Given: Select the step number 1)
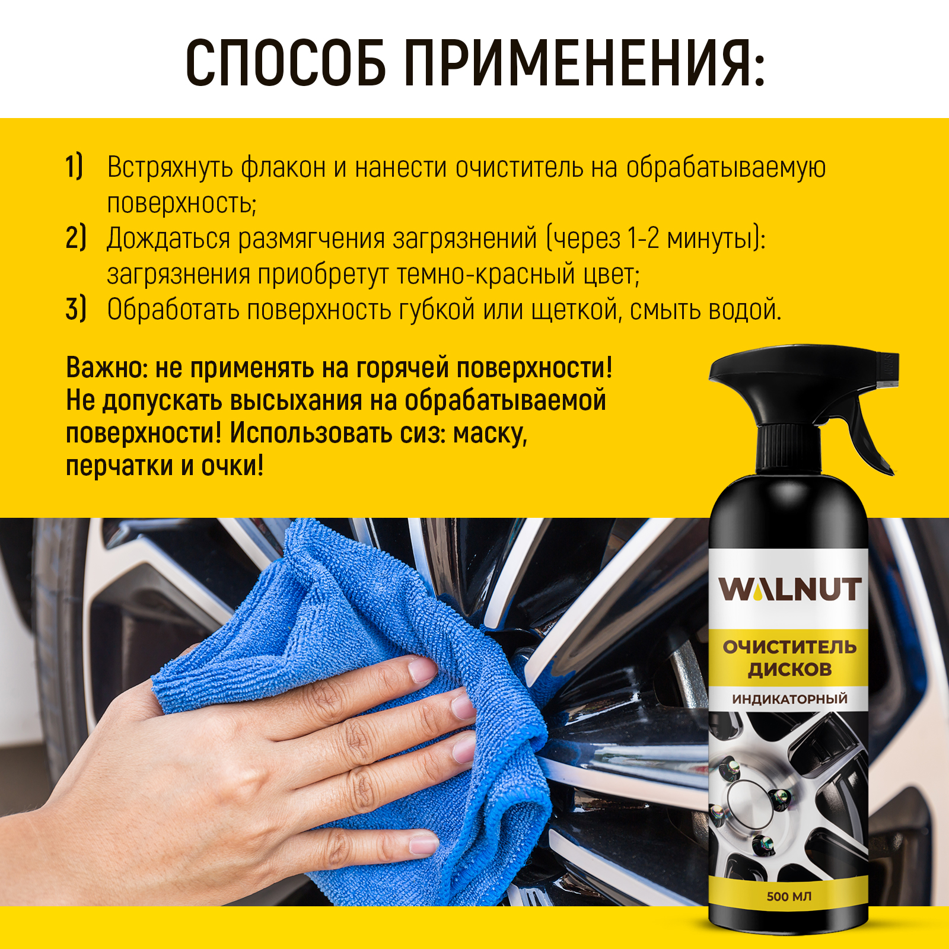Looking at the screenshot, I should click(75, 167).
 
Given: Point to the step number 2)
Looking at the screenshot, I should click(76, 238).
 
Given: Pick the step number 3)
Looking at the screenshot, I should click(76, 309).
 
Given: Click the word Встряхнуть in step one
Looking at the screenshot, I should click(170, 168).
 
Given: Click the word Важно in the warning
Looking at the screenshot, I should click(106, 368).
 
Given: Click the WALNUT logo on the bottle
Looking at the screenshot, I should click(789, 590).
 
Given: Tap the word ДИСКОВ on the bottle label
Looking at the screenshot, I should click(789, 670).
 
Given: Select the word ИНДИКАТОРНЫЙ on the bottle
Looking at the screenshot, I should click(789, 699).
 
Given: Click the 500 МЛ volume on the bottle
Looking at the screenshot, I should click(789, 896).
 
